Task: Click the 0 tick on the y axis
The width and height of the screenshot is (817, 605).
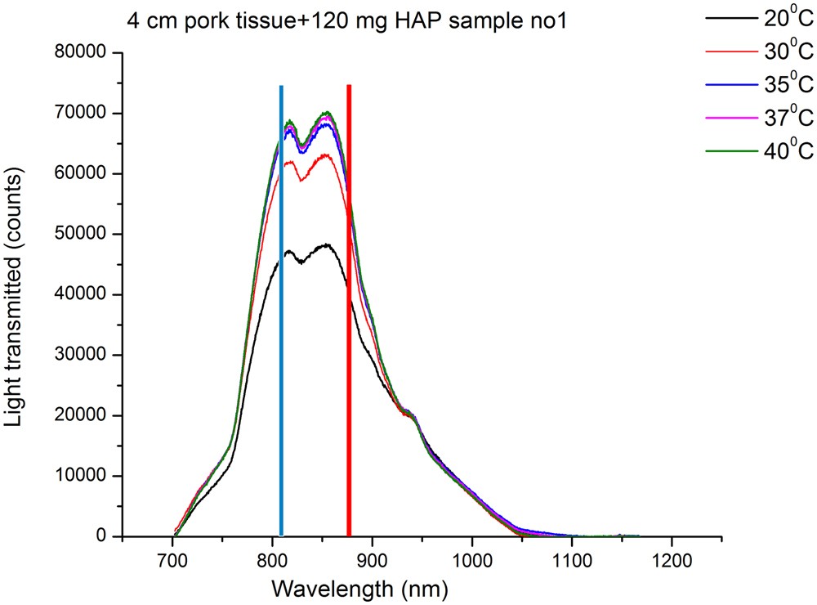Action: click(101, 537)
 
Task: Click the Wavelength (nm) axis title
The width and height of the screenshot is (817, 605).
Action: click(360, 589)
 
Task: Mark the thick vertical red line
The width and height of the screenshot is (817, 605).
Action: click(349, 311)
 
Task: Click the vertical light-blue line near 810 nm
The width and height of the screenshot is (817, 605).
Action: click(281, 311)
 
